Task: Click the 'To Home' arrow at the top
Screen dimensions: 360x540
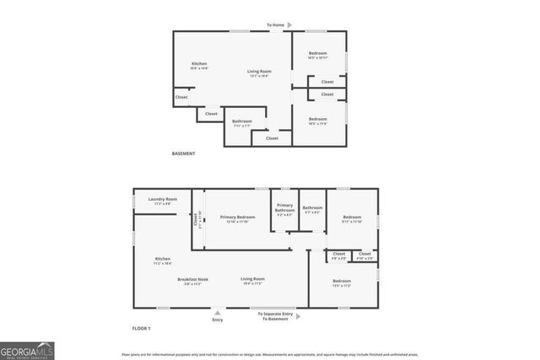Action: click(x=289, y=25)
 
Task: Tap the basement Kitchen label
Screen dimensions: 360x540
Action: click(x=199, y=64)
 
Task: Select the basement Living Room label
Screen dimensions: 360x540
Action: click(x=259, y=72)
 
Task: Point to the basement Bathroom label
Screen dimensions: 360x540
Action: click(x=242, y=121)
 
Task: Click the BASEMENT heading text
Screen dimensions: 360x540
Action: click(x=183, y=153)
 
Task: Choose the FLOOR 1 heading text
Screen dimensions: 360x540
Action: click(x=141, y=327)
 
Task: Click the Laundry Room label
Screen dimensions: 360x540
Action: click(x=162, y=200)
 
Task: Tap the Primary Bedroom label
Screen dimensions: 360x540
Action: click(x=237, y=218)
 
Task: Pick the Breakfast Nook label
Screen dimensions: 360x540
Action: click(x=192, y=279)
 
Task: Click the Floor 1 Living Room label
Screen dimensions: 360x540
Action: click(x=252, y=279)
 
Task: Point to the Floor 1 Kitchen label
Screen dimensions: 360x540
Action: click(x=163, y=259)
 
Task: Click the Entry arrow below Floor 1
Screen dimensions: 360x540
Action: click(x=218, y=312)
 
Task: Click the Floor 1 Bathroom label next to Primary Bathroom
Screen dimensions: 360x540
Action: click(x=313, y=208)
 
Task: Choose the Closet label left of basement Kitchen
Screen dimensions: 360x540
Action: click(x=181, y=97)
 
